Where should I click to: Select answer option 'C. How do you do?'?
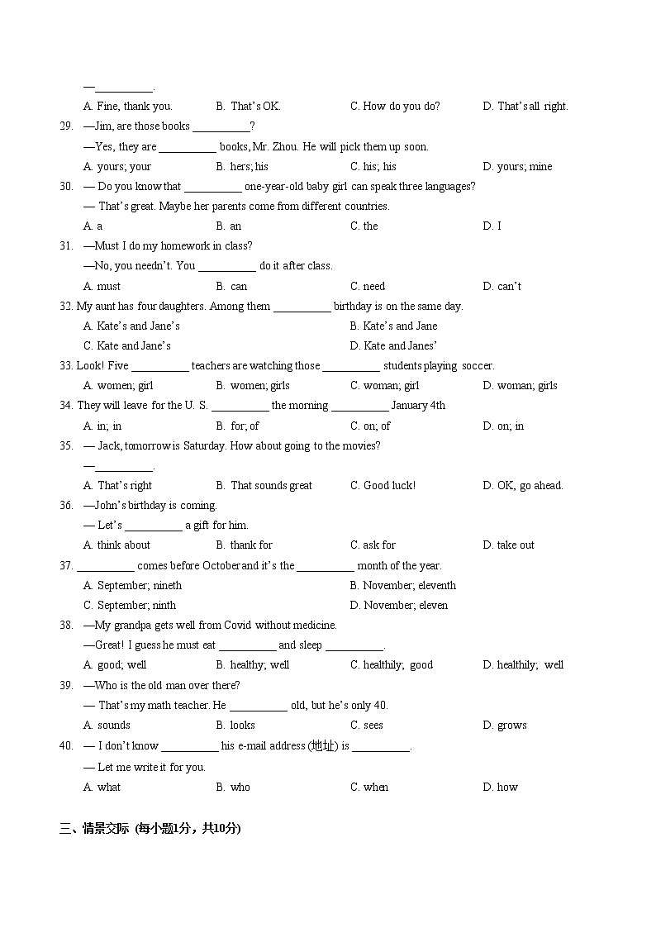(395, 107)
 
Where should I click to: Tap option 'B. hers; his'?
(242, 167)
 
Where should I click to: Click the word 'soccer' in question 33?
(477, 366)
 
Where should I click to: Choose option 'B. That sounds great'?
(264, 486)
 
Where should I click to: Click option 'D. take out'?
(508, 545)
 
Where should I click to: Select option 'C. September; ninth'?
(130, 606)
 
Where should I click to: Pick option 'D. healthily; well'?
(523, 665)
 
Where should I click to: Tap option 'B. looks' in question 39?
(235, 726)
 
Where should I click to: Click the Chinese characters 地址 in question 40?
(323, 746)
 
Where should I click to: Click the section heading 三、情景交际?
(94, 829)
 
